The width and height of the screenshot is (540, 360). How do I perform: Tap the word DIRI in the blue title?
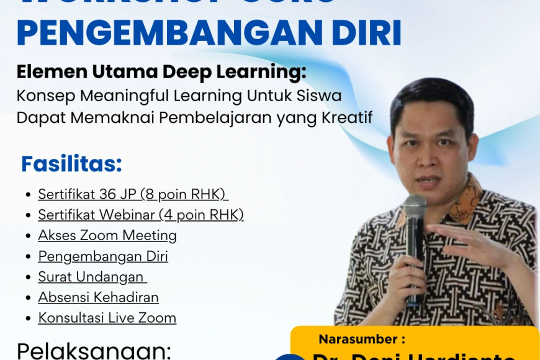367,34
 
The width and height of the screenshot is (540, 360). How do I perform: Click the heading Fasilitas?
71,164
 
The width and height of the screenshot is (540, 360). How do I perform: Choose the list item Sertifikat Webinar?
97,215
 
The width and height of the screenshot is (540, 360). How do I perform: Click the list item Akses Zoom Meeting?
107,235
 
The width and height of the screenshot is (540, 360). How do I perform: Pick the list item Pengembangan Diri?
103,256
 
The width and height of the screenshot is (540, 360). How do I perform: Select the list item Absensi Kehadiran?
98,297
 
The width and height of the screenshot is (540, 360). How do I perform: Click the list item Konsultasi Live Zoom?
107,318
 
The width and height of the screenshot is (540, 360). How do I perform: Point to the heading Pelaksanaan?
94,351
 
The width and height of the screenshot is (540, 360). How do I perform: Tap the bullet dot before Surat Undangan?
28,277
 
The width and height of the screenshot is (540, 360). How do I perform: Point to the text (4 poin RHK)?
201,215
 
